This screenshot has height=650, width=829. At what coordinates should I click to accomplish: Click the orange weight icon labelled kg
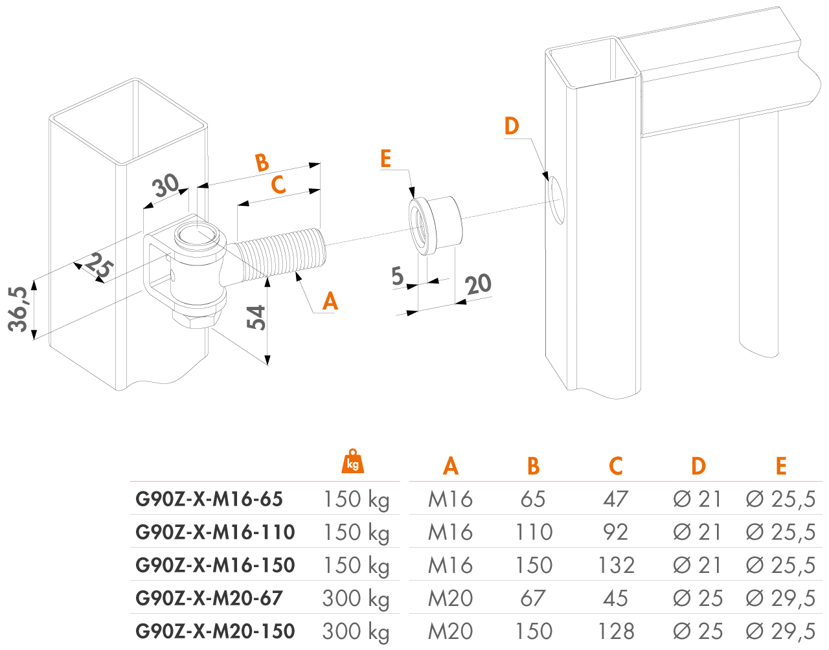coord(353,461)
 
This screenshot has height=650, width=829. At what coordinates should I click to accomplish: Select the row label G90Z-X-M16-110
coord(215,532)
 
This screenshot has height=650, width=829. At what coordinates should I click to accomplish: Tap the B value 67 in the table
coord(532,598)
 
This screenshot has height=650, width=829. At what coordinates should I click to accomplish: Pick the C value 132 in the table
coord(616,565)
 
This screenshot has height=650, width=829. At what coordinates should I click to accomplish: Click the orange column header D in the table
coord(698,466)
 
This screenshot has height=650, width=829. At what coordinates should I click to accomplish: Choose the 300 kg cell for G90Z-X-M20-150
coord(356,631)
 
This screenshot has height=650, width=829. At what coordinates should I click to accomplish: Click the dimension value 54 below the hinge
coord(257,317)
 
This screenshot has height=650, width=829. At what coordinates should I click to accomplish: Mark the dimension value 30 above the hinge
coord(166,186)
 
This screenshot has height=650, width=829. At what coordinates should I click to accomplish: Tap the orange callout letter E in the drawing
coord(386,159)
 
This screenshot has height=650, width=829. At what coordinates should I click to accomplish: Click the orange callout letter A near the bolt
coord(330,301)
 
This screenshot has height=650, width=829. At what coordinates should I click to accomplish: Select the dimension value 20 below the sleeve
coord(479,284)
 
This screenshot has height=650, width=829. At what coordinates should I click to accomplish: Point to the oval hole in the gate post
coord(556,198)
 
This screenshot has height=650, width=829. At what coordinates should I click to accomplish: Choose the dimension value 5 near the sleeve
coord(398,276)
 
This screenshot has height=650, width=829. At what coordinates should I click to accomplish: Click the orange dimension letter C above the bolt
coord(278,185)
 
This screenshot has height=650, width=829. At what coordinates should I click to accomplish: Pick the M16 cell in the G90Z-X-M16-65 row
coord(450,499)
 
